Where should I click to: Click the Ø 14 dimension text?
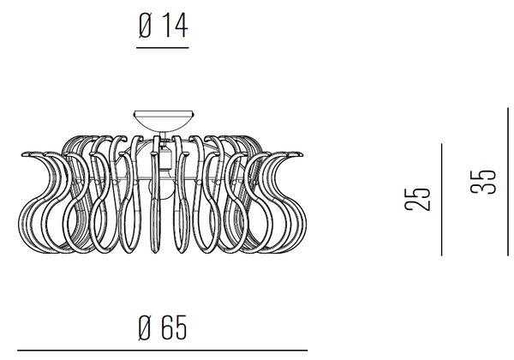pos(163,26)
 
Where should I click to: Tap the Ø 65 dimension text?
pos(163,327)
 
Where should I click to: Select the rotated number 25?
pos(416,199)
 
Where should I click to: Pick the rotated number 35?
pos(483,182)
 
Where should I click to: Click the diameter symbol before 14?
pos(145,26)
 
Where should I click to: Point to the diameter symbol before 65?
pos(145,327)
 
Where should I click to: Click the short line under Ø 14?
pos(163,48)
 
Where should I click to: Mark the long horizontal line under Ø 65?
pos(163,351)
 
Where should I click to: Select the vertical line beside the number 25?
pos(441,200)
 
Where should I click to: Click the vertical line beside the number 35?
pos(508,182)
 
